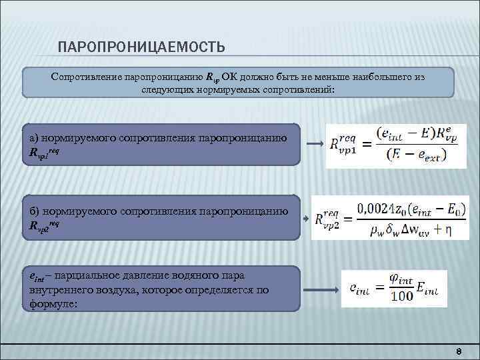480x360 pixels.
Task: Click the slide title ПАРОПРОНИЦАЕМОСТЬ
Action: pyautogui.click(x=141, y=47)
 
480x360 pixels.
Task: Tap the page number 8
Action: pyautogui.click(x=459, y=351)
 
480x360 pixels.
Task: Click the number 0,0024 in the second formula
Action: pyautogui.click(x=377, y=209)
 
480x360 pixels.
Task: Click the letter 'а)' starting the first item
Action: pyautogui.click(x=34, y=137)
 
